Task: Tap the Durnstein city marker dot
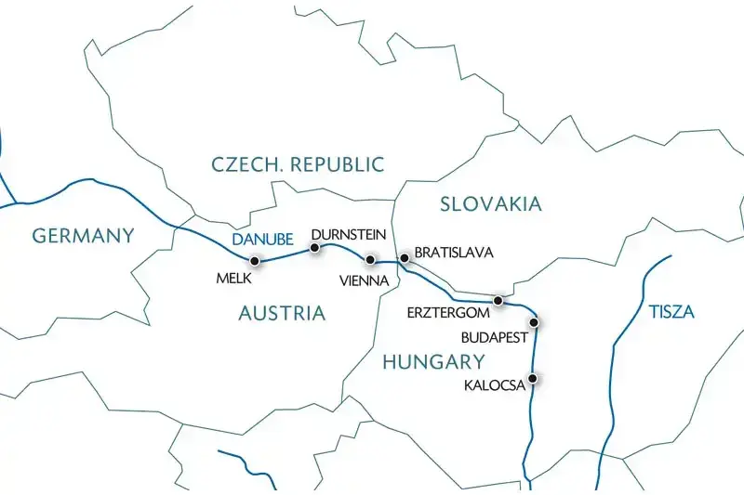coord(314,248)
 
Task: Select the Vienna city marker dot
coord(371,260)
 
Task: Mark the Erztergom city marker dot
coord(498,301)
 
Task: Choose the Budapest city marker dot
coord(535,322)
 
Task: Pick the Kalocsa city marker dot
coord(533,378)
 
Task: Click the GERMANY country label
coord(84,236)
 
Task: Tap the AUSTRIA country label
coord(282,313)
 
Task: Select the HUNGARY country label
coord(433,362)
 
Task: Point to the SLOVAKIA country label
coord(490,204)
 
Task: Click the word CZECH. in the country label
coord(247,165)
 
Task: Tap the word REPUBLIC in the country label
coord(337,165)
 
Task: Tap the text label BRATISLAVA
coord(454,253)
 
